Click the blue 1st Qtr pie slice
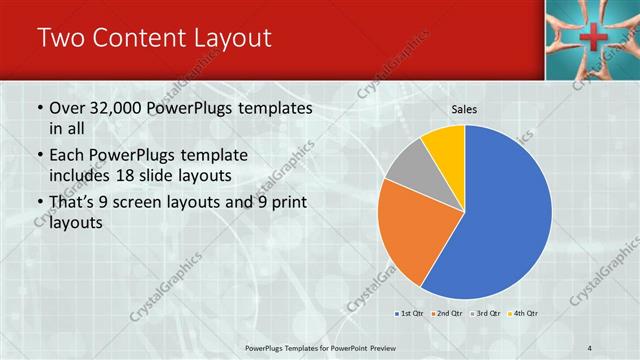[x=500, y=220]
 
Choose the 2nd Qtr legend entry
[x=447, y=313]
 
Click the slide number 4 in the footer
[x=590, y=346]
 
